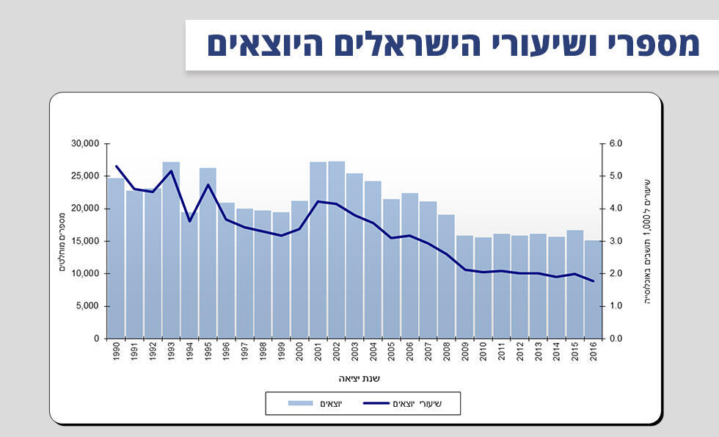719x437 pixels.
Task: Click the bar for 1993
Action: click(171, 250)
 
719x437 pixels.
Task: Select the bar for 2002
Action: click(337, 250)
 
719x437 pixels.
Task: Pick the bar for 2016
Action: click(593, 289)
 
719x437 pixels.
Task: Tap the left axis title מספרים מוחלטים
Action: click(62, 241)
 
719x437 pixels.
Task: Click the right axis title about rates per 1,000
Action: click(647, 241)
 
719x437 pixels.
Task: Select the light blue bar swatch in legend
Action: click(300, 402)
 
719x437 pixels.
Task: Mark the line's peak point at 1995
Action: click(208, 185)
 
